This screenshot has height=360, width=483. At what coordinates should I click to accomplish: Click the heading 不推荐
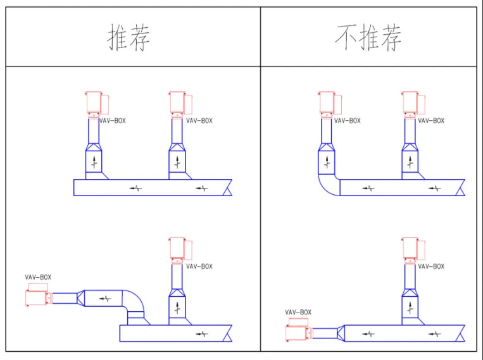pos(368,38)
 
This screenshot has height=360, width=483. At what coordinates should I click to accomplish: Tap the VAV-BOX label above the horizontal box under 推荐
pos(38,276)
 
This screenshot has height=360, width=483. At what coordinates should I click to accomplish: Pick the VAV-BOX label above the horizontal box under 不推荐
pos(298,312)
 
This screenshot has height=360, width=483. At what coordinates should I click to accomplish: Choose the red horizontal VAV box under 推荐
pos(37,297)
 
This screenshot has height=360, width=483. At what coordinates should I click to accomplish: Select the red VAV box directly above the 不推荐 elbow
pos(327,102)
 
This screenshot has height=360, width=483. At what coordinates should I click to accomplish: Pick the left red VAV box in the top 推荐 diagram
pos(94,102)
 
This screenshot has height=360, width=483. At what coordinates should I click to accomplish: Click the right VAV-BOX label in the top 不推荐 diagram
pos(431,120)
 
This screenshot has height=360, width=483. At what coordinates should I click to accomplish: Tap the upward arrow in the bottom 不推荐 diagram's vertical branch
pos(410,307)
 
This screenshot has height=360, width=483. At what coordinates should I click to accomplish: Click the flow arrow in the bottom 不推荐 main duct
pos(434,333)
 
